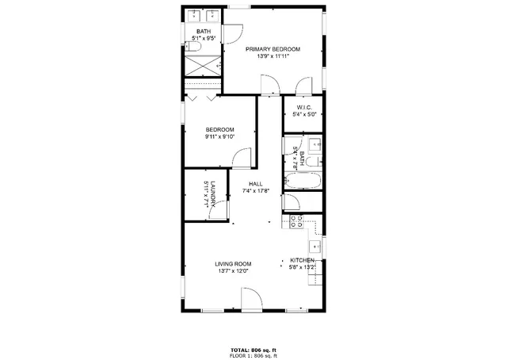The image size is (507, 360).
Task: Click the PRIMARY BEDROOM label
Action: (273, 49)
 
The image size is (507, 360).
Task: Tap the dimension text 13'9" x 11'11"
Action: (273, 56)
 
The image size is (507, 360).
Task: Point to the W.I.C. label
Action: (304, 107)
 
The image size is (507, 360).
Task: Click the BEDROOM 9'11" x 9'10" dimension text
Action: (219, 136)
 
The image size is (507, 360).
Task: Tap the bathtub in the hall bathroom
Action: (303, 181)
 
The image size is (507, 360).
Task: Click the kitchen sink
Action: (314, 247)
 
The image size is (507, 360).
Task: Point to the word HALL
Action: (255, 184)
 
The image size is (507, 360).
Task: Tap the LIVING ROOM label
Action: (233, 264)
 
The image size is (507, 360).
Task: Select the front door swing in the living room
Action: (252, 298)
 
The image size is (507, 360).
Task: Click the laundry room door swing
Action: (223, 209)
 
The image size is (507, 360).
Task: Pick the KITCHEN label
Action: (303, 261)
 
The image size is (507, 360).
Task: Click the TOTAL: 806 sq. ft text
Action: (253, 349)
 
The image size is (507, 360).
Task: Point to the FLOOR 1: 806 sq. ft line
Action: (253, 354)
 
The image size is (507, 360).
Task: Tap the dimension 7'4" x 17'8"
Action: (255, 191)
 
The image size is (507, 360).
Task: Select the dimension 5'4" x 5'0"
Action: (304, 114)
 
